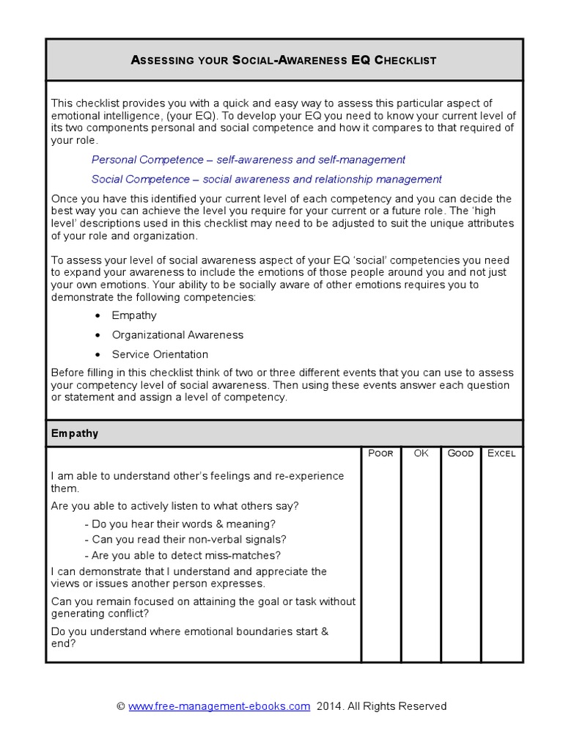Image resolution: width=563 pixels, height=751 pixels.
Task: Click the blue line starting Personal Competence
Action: point(248,160)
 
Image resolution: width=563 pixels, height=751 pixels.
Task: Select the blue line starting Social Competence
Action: point(266,179)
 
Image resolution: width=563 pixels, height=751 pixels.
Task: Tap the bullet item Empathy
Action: point(134,315)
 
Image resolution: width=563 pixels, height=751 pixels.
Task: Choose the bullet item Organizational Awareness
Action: point(177,335)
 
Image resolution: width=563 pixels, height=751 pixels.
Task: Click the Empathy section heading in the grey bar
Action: point(75,433)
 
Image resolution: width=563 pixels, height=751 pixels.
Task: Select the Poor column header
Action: point(380,453)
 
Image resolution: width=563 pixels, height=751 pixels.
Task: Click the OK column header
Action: point(421,453)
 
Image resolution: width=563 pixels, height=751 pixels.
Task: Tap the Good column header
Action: point(460,453)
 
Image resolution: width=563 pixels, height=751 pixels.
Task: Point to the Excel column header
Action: point(501,453)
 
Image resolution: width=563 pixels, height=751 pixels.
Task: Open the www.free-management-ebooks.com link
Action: point(219,706)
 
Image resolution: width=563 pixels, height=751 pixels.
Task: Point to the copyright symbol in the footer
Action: point(121,706)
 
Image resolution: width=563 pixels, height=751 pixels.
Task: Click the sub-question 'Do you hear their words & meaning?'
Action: point(180,524)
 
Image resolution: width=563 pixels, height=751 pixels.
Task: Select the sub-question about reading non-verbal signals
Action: point(185,539)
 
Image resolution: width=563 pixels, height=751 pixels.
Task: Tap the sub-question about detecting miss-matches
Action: point(183,555)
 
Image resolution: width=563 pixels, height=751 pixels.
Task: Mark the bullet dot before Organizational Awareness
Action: point(98,335)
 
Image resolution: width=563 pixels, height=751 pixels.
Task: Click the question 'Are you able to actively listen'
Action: point(175,506)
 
